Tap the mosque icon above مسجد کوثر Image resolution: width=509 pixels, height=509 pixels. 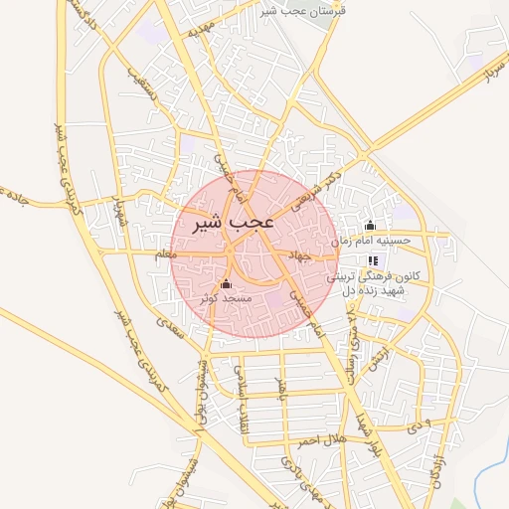225,284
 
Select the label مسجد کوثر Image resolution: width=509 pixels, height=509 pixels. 226,298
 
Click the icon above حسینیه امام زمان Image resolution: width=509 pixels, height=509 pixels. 371,226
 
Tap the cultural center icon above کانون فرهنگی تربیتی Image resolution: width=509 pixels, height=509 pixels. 373,259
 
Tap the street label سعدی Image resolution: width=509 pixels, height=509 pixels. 171,330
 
